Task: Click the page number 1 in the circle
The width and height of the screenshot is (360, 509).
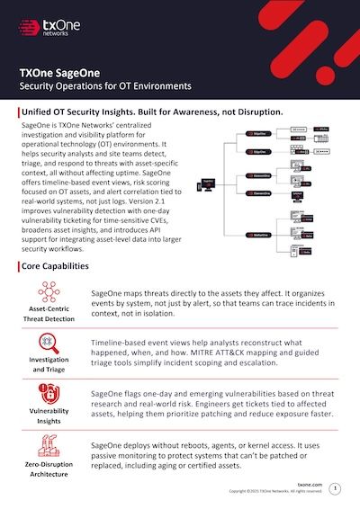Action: point(336,487)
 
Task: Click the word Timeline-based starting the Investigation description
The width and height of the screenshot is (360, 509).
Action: point(123,343)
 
